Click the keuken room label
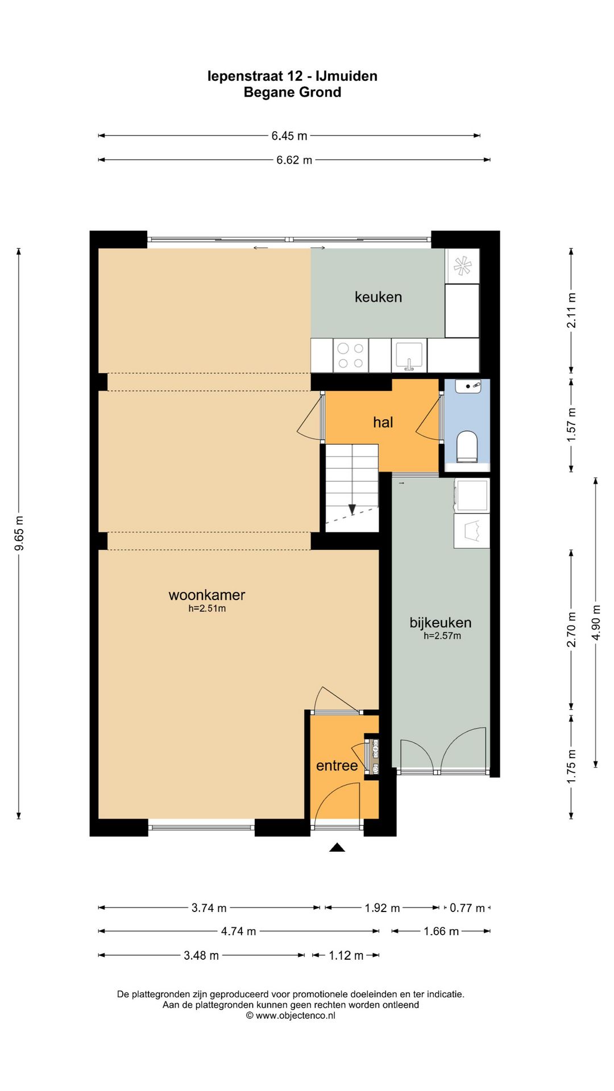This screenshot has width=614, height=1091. [x=378, y=297]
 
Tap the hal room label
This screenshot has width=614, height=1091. [x=383, y=422]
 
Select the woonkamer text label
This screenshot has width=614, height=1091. [x=207, y=595]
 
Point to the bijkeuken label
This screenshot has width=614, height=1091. [x=441, y=623]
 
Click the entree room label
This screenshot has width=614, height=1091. [x=337, y=766]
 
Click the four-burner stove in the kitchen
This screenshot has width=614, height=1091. [x=351, y=355]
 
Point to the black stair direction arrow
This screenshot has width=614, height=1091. [x=352, y=509]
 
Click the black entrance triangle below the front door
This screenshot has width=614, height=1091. [x=337, y=847]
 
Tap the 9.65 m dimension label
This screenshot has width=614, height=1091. [x=19, y=533]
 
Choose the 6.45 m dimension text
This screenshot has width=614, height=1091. [x=289, y=136]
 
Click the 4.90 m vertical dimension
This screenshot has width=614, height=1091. [x=596, y=622]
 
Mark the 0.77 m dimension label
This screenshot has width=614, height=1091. [x=467, y=908]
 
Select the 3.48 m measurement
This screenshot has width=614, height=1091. [x=201, y=956]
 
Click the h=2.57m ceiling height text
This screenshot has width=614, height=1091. [x=442, y=636]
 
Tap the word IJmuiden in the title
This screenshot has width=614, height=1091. [x=346, y=76]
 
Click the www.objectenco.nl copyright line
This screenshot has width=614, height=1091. [x=291, y=1015]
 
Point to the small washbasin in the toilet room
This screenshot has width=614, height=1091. [x=468, y=386]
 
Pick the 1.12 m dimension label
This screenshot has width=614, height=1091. [x=346, y=956]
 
